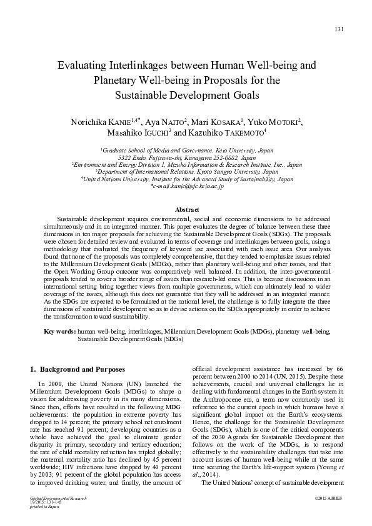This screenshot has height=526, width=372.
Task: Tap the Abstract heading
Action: pyautogui.click(x=186, y=210)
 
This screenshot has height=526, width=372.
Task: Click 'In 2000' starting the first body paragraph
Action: pyautogui.click(x=49, y=383)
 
